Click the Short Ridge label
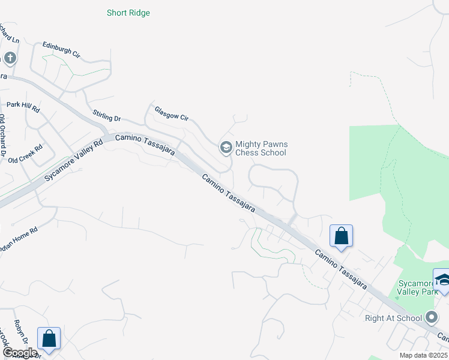click(128, 13)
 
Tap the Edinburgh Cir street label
click(61, 50)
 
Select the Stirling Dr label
click(107, 114)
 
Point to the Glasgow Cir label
click(171, 114)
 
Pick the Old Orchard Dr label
click(2, 138)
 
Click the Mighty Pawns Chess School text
click(261, 148)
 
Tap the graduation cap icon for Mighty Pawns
click(226, 147)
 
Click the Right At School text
click(393, 318)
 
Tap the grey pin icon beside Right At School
click(431, 317)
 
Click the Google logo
click(19, 353)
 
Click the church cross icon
click(10, 58)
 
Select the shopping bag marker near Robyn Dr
click(49, 338)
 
